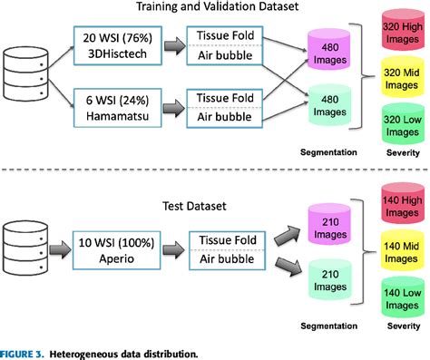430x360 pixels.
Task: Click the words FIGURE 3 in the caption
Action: point(27,353)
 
